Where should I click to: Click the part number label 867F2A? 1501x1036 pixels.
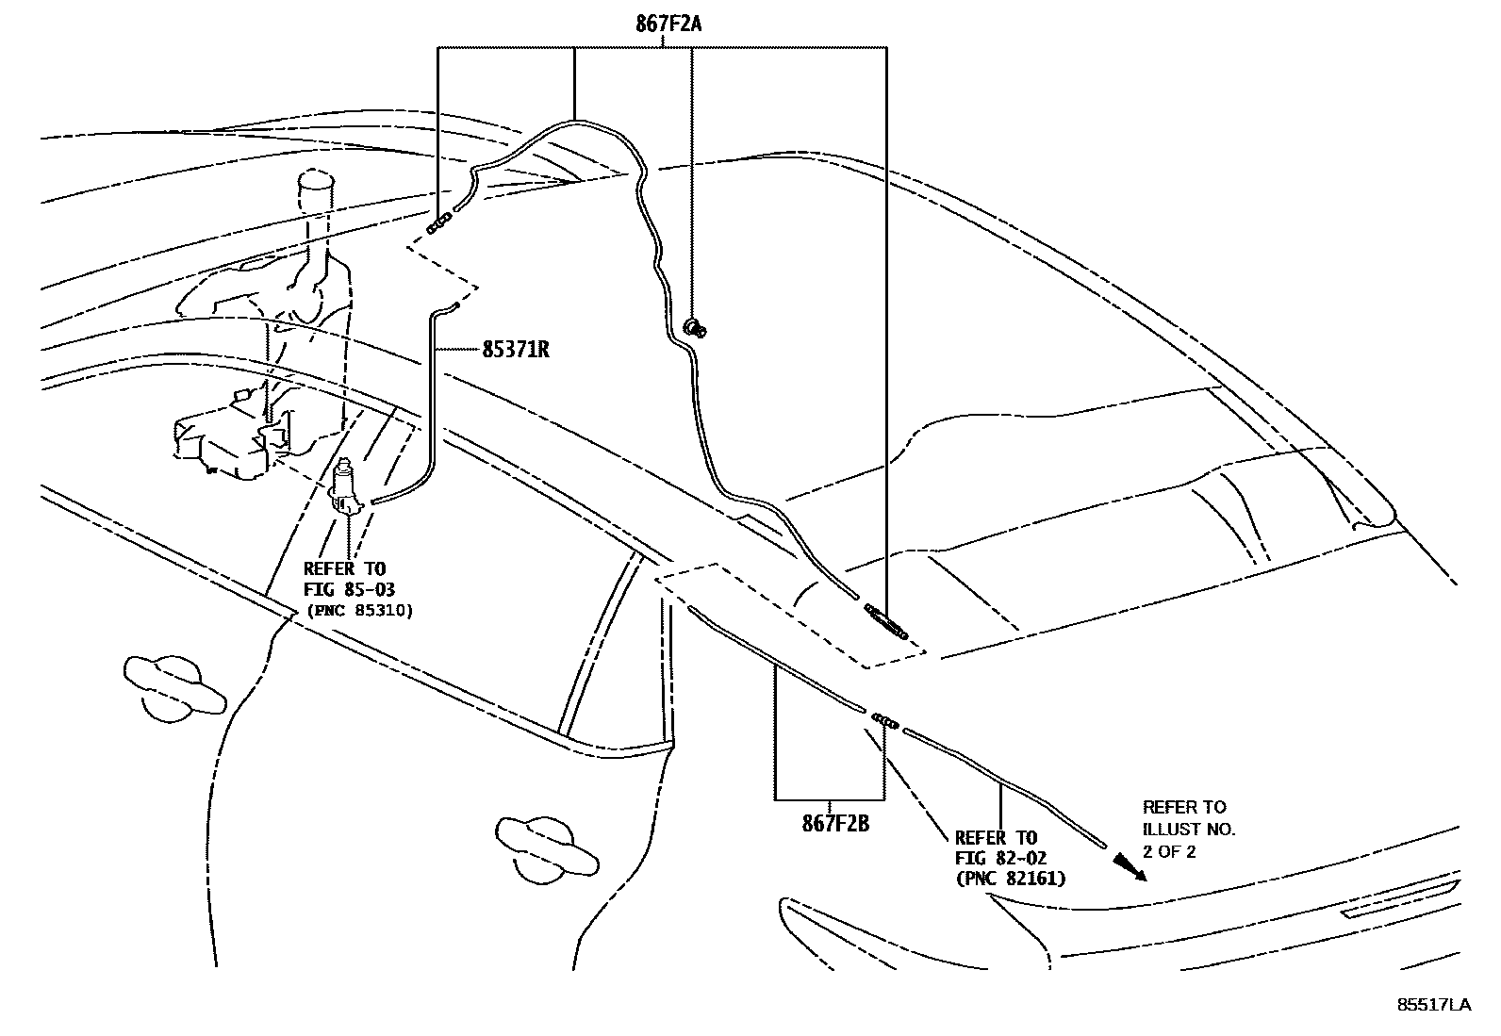668,25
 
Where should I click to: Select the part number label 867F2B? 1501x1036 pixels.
834,824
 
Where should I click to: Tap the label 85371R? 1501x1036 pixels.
515,350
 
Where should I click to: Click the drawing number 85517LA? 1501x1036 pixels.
1433,1005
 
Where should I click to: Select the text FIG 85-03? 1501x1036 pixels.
348,590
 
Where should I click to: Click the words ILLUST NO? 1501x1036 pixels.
1188,830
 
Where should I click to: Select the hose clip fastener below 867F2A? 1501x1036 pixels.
696,328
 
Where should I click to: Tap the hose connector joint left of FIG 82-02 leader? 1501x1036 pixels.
884,720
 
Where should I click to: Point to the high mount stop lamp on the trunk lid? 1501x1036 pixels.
1400,898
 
